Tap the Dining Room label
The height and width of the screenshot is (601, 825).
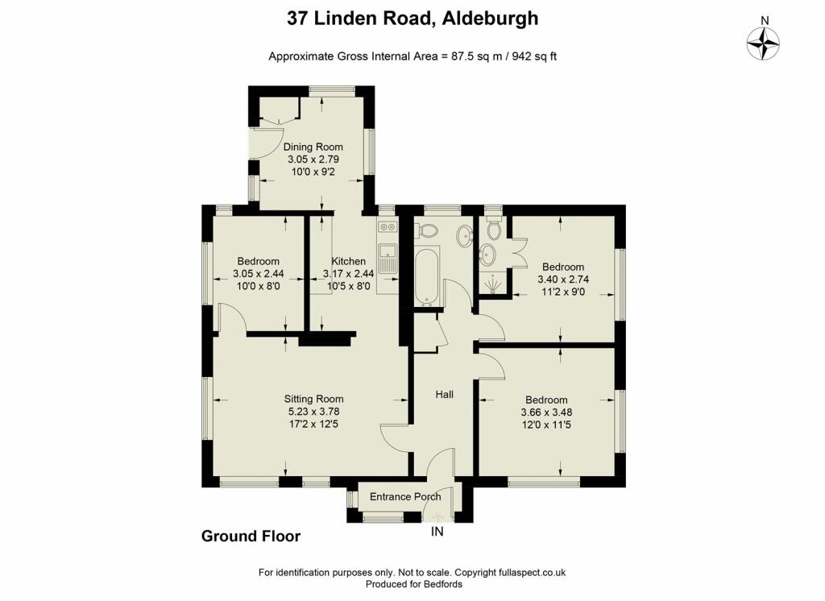(313, 147)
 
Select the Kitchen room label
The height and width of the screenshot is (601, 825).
(348, 261)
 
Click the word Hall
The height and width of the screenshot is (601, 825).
(444, 394)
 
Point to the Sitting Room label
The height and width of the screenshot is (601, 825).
(313, 399)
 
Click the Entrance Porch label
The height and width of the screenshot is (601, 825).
(405, 496)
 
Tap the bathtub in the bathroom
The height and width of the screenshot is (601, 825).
(426, 276)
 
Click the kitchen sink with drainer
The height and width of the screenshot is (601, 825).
(388, 257)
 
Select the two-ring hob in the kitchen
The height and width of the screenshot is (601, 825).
(388, 227)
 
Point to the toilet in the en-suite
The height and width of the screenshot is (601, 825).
(493, 228)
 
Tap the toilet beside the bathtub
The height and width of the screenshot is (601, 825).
(427, 230)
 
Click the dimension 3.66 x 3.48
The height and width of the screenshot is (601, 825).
(546, 412)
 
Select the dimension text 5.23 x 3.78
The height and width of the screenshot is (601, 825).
(313, 412)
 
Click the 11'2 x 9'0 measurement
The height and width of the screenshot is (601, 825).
(563, 292)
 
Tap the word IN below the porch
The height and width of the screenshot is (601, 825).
(437, 532)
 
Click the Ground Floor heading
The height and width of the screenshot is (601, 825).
(251, 536)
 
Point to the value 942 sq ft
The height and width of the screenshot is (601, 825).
(533, 56)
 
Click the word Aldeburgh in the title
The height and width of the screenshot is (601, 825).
(490, 19)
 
